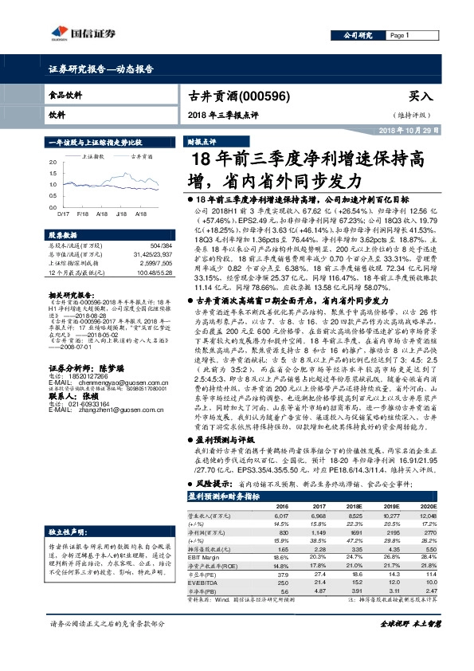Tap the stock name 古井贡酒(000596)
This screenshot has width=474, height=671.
click(x=231, y=95)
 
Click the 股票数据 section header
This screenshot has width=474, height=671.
click(x=65, y=236)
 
